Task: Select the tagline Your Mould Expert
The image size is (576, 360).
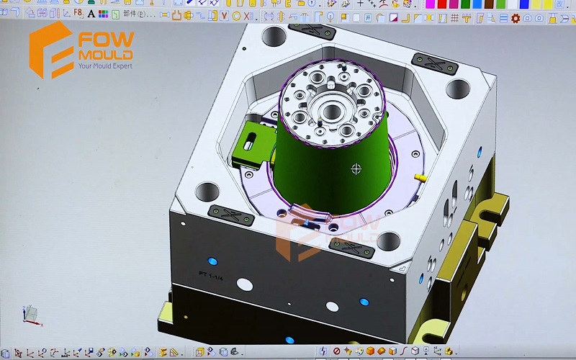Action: tap(104, 66)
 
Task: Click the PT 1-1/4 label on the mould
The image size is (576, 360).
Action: tap(211, 274)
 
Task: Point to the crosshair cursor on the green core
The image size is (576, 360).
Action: tap(356, 169)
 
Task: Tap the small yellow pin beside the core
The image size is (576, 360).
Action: tap(420, 176)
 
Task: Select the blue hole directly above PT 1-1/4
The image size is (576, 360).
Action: tap(212, 260)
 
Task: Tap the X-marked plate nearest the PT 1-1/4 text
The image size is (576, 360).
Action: tap(225, 212)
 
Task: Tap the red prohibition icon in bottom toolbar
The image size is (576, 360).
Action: tap(336, 351)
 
